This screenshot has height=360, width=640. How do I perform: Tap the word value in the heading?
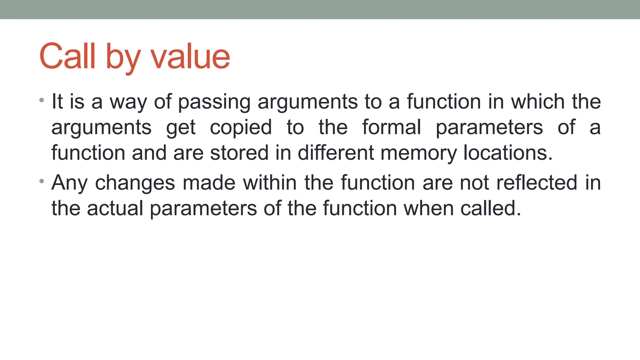(191, 57)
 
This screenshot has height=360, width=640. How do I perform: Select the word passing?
(214, 102)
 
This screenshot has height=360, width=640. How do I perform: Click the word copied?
(241, 127)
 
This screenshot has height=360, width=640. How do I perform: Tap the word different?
(336, 153)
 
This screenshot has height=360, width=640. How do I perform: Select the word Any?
(69, 183)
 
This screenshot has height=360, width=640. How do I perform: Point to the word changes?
(135, 183)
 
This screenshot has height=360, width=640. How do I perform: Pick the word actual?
(115, 208)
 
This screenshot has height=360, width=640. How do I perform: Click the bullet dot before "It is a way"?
(42, 100)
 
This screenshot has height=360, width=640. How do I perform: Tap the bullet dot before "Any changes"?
(42, 181)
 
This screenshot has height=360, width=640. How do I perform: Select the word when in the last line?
(428, 208)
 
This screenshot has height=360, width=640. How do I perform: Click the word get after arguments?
(181, 128)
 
